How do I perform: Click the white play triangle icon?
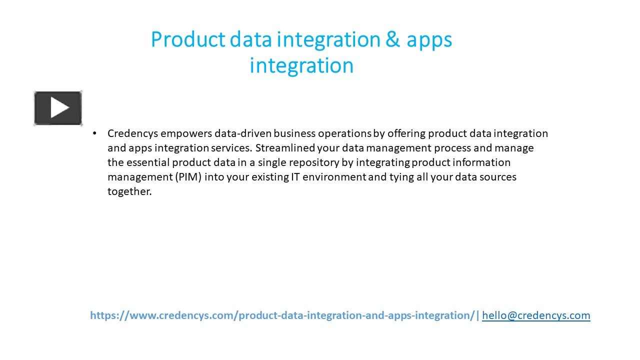59,107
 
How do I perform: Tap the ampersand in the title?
392,39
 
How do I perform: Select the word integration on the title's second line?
301,65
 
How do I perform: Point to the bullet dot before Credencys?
94,133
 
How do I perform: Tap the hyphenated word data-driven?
243,133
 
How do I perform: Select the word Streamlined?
285,148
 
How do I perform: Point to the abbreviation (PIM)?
188,177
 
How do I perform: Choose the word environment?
334,177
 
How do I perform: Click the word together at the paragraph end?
129,191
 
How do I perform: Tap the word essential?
148,162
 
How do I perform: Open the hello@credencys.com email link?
536,315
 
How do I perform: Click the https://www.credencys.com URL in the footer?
282,315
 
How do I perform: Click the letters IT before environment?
295,177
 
